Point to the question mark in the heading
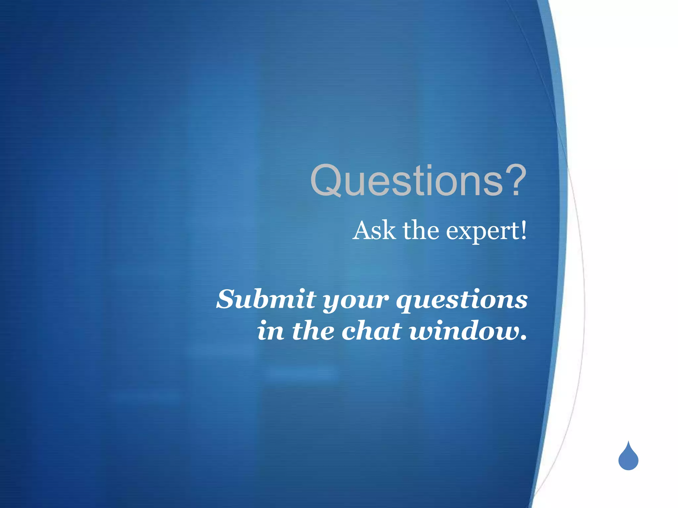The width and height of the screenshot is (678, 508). pos(515,180)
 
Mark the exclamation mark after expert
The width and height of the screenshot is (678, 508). pos(523,231)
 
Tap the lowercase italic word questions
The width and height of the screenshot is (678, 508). pos(462,300)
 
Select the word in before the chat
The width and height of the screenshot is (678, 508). pos(270,331)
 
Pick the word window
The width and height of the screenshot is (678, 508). pos(463,331)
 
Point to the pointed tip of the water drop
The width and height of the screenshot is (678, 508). pos(628,442)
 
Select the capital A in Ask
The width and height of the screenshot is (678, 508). pos(362,231)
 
